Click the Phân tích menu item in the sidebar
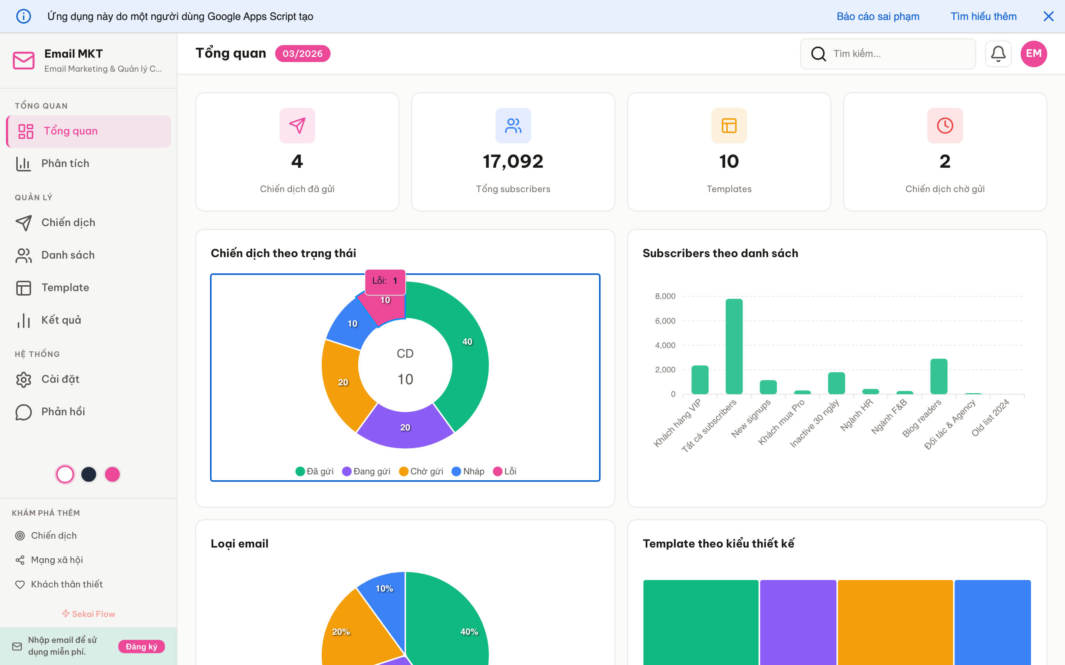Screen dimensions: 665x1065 pyautogui.click(x=65, y=164)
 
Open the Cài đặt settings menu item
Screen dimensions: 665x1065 pyautogui.click(x=60, y=379)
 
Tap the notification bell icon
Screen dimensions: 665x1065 pyautogui.click(x=998, y=54)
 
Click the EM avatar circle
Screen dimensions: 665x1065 pyautogui.click(x=1033, y=54)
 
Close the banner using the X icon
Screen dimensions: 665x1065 pyautogui.click(x=1048, y=16)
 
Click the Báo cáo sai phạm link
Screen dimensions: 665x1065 pyautogui.click(x=878, y=16)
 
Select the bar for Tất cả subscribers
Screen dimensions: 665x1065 pyautogui.click(x=734, y=346)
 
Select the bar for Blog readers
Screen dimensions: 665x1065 pyautogui.click(x=938, y=376)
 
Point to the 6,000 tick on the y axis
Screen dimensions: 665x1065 pyautogui.click(x=665, y=321)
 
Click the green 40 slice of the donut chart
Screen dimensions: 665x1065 pyautogui.click(x=467, y=347)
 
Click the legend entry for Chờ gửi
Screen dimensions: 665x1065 pyautogui.click(x=421, y=471)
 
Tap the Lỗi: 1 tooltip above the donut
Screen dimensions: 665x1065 pyautogui.click(x=385, y=281)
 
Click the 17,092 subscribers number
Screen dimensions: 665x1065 pyautogui.click(x=513, y=161)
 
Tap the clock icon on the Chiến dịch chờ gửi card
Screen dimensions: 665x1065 pyautogui.click(x=944, y=126)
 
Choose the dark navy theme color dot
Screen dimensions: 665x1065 pyautogui.click(x=88, y=474)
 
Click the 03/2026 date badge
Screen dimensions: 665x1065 pyautogui.click(x=302, y=54)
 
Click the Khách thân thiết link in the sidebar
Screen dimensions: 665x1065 pyautogui.click(x=67, y=584)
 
